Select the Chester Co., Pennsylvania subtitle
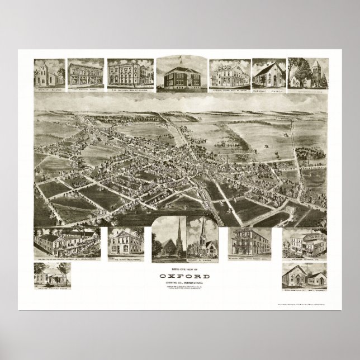[179, 282]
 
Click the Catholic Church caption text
[269, 89]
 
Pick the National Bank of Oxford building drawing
[124, 73]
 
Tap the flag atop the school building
[180, 59]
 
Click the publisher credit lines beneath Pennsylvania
[179, 289]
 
